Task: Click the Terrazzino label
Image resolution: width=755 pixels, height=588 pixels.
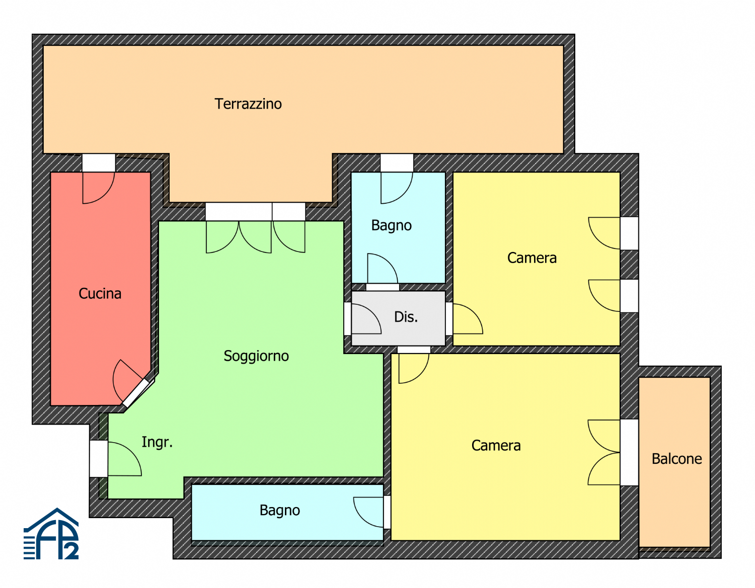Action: point(248,104)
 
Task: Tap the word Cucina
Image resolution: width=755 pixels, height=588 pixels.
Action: point(100,294)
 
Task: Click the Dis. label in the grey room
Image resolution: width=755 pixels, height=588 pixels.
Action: point(406,317)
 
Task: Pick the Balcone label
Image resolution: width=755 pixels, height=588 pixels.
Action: point(676,459)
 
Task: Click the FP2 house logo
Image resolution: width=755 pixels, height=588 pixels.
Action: point(51,534)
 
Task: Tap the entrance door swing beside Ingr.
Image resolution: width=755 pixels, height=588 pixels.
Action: point(124,459)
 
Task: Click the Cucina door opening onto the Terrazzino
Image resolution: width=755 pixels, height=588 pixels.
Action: point(98,188)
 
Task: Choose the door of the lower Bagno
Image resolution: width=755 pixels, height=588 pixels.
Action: point(368,513)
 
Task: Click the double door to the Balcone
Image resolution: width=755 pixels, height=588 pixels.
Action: point(604,452)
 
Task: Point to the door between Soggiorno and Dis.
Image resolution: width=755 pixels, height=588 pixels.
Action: point(366,319)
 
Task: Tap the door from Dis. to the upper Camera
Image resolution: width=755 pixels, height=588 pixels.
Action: point(468,319)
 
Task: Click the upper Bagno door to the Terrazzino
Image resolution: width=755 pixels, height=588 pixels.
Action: point(397,188)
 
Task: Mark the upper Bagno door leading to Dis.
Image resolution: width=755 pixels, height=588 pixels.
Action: point(383,268)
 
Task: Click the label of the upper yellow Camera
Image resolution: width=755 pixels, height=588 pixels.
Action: point(532,258)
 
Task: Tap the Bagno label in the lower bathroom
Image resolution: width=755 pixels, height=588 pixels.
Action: point(280,511)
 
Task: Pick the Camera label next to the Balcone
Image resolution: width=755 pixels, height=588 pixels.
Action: point(496,446)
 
